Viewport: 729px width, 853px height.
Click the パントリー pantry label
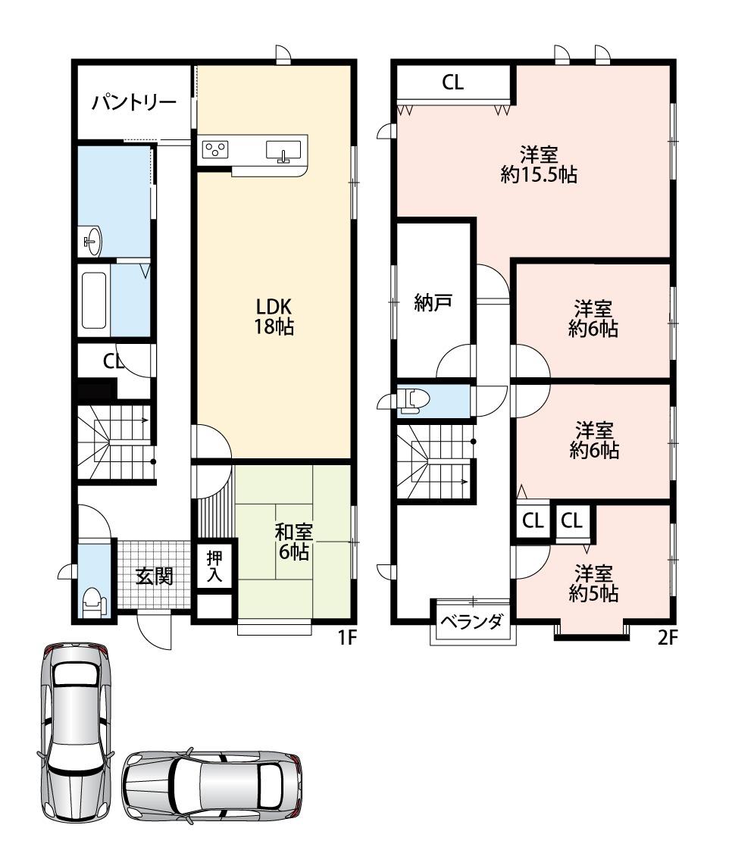point(134,102)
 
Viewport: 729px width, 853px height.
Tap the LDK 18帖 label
point(274,317)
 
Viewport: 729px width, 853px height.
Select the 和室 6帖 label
point(294,542)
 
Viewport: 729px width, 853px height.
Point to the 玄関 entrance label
point(155,576)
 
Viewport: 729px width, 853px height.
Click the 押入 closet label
point(214,567)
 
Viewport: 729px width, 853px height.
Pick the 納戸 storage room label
point(433,302)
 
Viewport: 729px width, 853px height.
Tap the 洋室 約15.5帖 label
point(539,164)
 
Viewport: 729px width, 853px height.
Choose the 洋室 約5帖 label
point(593,583)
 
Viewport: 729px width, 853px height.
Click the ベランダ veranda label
point(471,621)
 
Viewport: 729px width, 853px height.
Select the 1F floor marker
point(347,637)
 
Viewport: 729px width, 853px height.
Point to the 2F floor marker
point(668,637)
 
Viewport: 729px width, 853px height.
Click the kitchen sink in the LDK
point(283,152)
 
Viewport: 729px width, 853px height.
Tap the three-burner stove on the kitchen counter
point(215,149)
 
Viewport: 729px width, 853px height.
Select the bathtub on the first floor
point(94,300)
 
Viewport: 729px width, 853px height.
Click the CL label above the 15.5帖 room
point(452,83)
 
